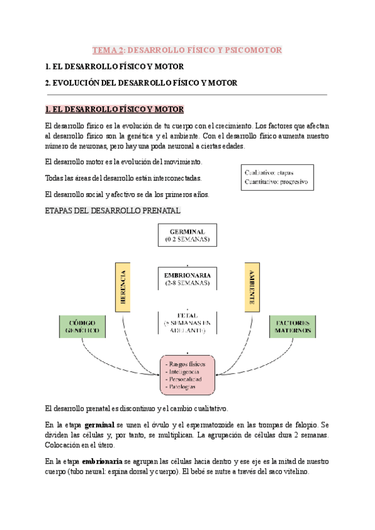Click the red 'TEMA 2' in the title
click(x=107, y=49)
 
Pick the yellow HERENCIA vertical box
click(x=124, y=286)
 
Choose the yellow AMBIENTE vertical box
click(x=251, y=286)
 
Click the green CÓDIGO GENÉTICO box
click(x=80, y=326)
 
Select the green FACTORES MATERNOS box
click(x=292, y=326)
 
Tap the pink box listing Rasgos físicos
click(x=187, y=374)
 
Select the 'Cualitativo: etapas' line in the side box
click(x=269, y=172)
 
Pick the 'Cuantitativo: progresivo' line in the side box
click(x=276, y=182)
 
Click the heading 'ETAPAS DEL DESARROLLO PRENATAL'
click(x=113, y=211)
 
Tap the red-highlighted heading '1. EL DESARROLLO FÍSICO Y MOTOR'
click(x=115, y=109)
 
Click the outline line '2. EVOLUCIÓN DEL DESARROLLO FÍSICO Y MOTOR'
click(x=141, y=82)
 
